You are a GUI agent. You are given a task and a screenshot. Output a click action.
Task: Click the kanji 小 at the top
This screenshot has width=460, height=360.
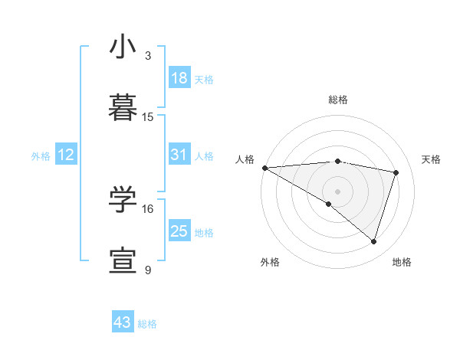click(123, 48)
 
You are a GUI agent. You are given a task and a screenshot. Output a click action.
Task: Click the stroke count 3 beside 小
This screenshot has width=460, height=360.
click(148, 57)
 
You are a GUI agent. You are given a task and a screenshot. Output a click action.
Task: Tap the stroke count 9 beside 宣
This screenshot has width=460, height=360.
click(148, 270)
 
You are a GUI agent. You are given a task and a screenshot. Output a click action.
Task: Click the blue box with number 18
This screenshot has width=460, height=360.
click(179, 78)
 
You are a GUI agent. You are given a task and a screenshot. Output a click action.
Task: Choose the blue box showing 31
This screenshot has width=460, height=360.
click(179, 155)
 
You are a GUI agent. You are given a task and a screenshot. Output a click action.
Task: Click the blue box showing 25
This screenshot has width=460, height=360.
click(179, 231)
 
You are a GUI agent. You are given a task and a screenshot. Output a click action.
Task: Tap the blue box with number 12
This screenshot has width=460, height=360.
click(66, 155)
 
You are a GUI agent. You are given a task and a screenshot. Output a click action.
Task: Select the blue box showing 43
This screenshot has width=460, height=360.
click(123, 322)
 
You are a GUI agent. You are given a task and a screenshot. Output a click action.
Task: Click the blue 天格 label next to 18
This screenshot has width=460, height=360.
click(204, 80)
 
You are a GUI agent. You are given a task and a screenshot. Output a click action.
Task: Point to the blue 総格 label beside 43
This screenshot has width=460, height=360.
click(147, 324)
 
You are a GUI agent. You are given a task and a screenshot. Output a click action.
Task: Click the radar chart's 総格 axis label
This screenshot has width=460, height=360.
click(338, 100)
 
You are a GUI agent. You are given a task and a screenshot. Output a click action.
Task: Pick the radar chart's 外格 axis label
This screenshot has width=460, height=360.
click(270, 263)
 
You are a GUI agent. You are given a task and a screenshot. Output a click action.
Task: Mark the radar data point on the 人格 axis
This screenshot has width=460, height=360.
click(264, 168)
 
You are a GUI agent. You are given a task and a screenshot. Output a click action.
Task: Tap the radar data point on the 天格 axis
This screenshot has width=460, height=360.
click(396, 172)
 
